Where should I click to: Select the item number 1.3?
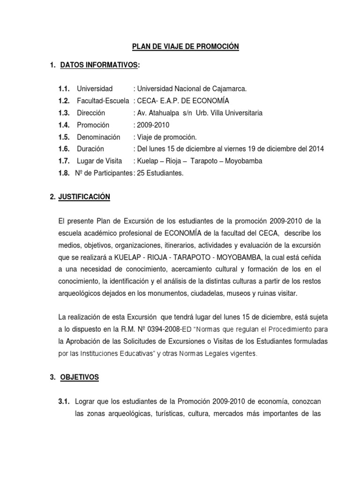[64, 113]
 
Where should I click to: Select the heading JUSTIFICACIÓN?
[85, 198]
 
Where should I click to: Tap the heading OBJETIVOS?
[80, 377]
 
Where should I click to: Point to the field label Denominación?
[98, 137]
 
